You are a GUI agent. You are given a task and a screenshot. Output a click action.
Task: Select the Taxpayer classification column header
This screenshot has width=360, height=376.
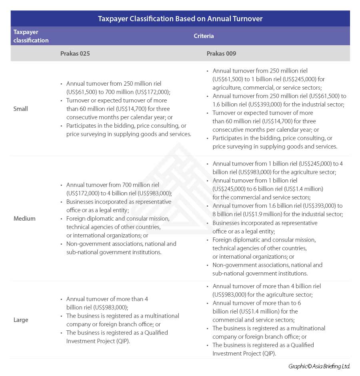tap(31, 36)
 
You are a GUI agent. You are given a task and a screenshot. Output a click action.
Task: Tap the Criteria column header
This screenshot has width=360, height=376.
tap(204, 36)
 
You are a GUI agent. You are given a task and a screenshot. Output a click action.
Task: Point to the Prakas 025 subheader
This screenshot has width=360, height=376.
tap(75, 53)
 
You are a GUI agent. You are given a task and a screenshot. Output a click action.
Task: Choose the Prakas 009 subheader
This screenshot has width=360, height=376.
tap(221, 53)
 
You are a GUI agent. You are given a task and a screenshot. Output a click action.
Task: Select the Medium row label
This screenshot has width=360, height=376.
tap(24, 218)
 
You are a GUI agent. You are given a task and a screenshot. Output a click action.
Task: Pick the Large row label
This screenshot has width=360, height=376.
tap(21, 320)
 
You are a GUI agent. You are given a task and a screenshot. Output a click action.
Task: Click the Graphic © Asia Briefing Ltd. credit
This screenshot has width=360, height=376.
tap(319, 366)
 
